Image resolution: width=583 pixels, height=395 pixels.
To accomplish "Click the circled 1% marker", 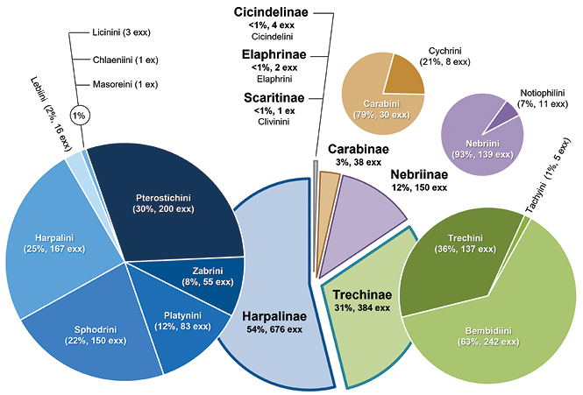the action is [x=79, y=116].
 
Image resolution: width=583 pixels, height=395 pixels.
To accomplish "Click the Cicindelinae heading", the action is [x=271, y=12].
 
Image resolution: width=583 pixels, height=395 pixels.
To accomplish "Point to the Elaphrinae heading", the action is [x=274, y=54].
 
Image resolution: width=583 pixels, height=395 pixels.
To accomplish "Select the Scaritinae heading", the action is [x=274, y=98].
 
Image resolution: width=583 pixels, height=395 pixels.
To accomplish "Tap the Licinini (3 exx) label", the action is [x=122, y=32].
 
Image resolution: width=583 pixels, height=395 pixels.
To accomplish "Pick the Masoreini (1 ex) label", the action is [x=125, y=85].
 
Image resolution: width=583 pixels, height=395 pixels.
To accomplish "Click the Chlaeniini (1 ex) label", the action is [x=125, y=60].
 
